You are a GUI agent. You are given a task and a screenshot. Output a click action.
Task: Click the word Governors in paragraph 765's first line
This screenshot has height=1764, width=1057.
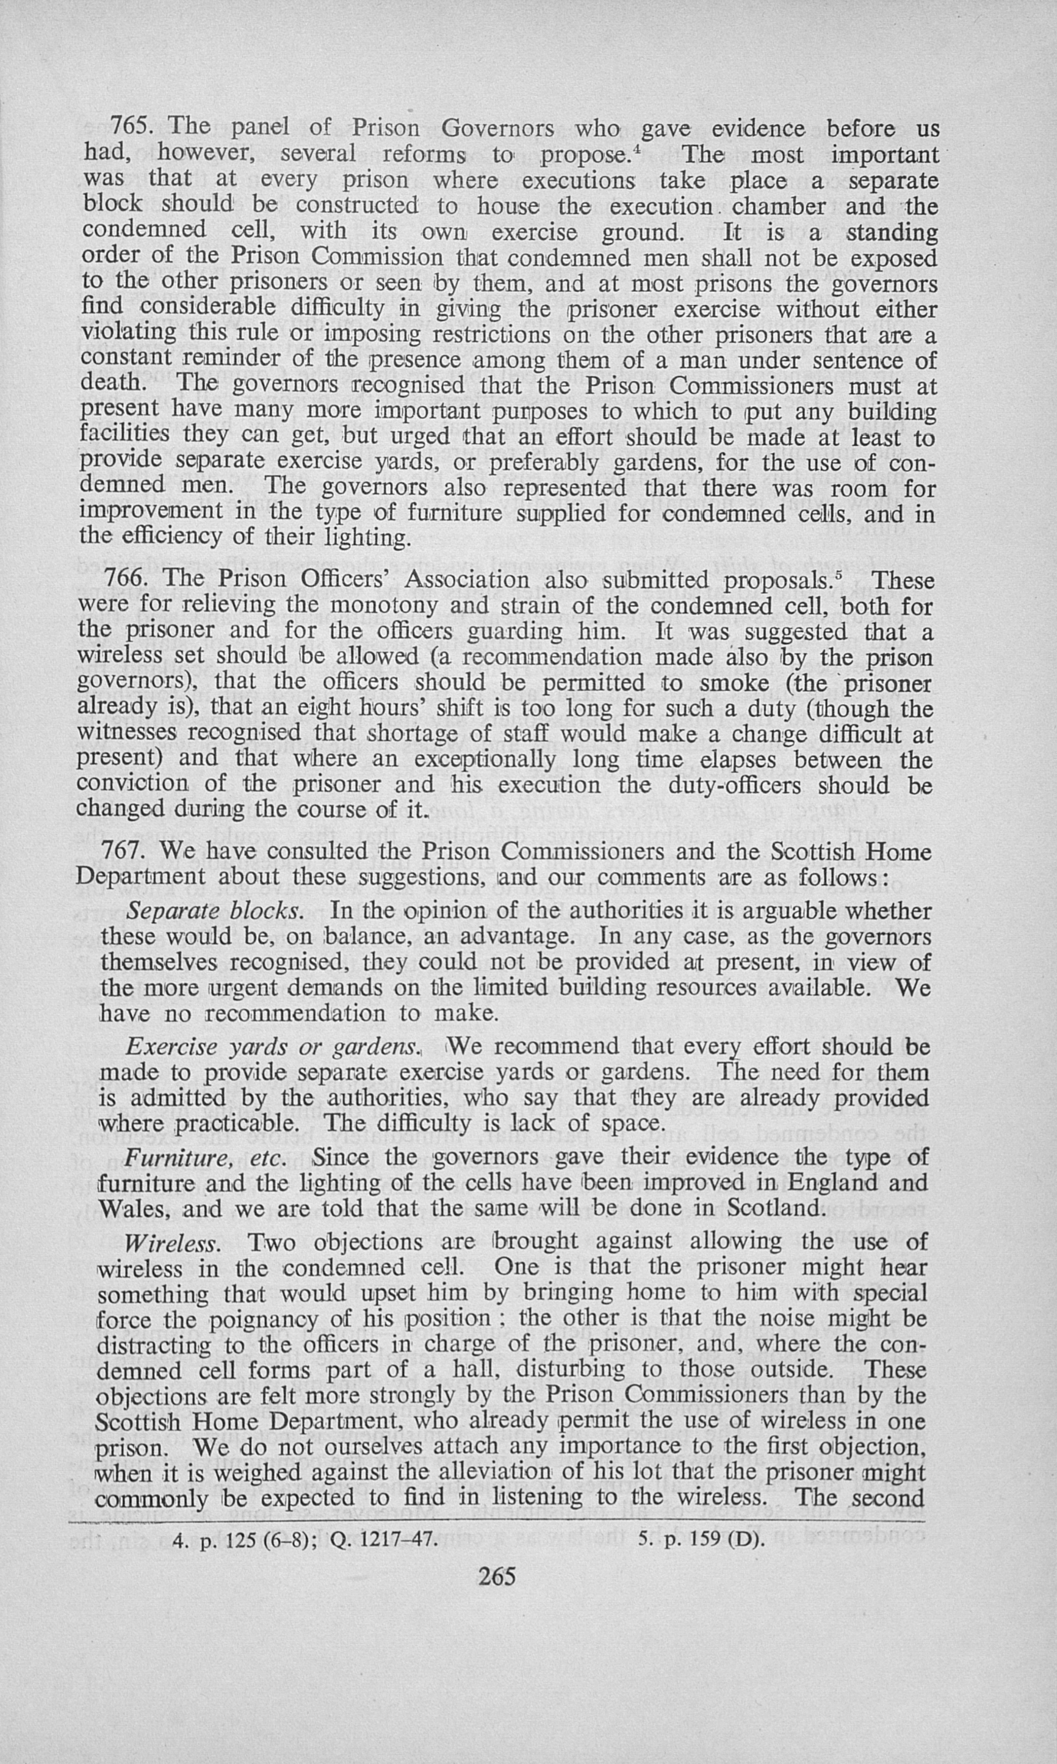[x=498, y=128]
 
